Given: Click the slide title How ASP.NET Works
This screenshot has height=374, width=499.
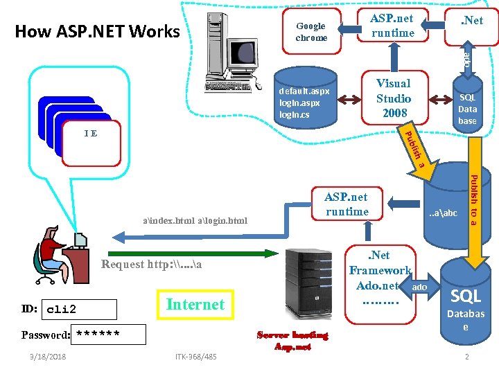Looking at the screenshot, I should point(97,31).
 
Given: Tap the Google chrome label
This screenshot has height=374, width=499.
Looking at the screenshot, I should point(311,32).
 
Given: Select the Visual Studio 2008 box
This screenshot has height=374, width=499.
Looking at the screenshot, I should point(393,98).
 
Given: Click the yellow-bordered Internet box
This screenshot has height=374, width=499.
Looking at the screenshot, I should point(195,304).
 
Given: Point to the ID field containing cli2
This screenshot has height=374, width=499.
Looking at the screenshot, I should point(79,309).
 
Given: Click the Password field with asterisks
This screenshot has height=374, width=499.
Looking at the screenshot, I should point(111,335).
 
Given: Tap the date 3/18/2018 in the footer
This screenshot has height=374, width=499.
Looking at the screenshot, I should point(44,357).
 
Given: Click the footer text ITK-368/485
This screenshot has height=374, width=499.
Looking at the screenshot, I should point(195,357).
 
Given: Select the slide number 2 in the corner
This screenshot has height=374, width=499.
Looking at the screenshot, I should point(467,357).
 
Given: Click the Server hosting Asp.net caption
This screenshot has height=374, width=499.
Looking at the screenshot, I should point(292,341).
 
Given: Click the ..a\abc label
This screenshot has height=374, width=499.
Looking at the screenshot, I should point(443,213).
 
